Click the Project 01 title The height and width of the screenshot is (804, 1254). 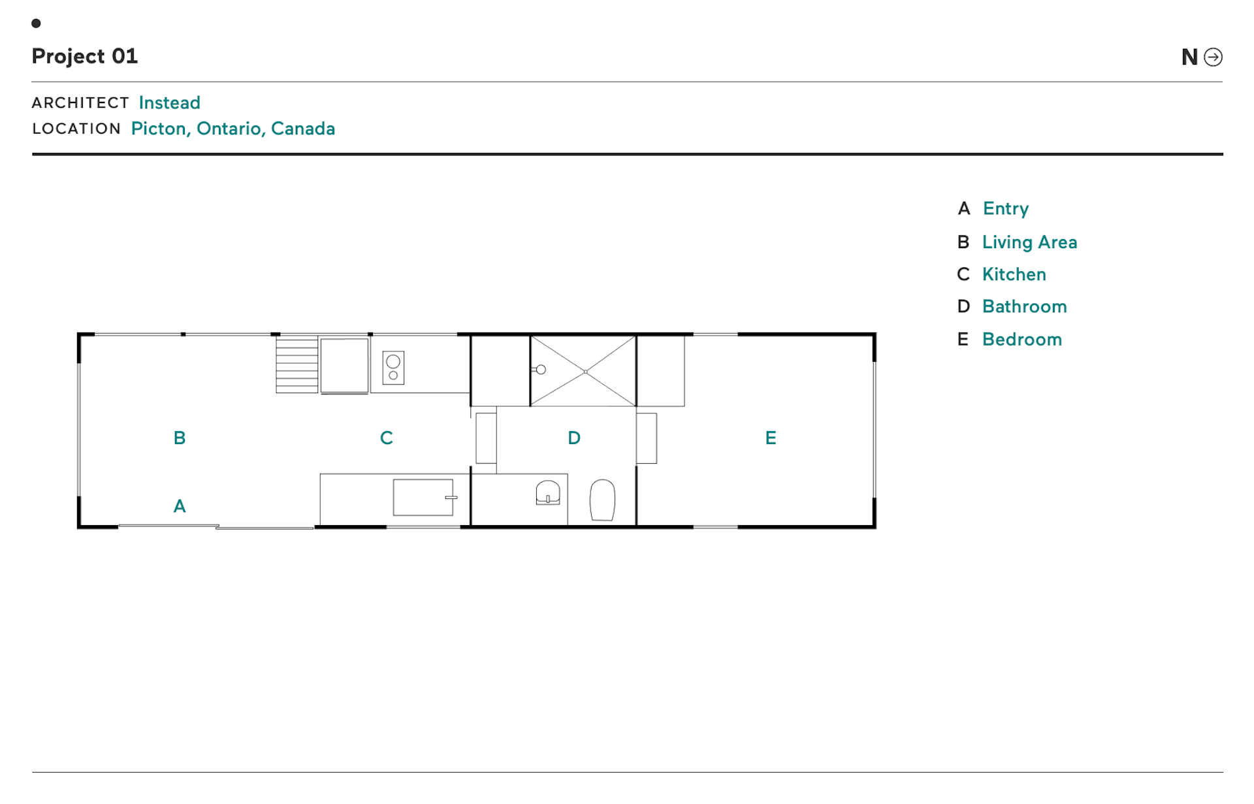point(85,57)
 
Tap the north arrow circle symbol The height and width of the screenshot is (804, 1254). point(1213,57)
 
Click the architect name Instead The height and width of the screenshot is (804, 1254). point(169,103)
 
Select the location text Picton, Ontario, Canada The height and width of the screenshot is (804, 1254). point(233,129)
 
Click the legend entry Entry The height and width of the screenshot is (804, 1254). point(1006,209)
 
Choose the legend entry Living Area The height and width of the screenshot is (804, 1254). point(1029,242)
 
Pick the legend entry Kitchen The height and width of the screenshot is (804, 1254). point(1014,274)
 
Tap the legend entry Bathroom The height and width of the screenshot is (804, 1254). point(1024,306)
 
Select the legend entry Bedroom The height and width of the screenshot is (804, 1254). point(1022,340)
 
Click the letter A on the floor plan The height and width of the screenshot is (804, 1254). point(180,506)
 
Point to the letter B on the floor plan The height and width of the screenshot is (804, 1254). point(180,438)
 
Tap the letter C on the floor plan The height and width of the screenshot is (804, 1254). point(387,438)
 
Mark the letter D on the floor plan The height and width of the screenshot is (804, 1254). point(574,438)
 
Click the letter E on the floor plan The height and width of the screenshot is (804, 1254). point(771,438)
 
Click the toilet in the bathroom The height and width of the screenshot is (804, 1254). point(602,500)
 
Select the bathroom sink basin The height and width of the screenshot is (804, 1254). point(548,493)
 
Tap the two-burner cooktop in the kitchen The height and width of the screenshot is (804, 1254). point(393,368)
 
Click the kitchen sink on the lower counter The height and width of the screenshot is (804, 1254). point(423,498)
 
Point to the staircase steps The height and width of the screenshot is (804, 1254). point(297,364)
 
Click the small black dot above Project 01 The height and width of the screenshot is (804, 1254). point(37,24)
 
